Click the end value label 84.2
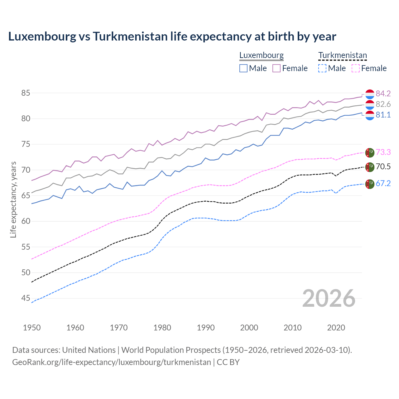(x=383, y=94)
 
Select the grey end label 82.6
(x=383, y=104)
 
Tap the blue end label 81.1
(x=383, y=115)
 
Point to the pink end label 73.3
(x=383, y=152)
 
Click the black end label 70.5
(x=383, y=166)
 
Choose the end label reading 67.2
(x=383, y=183)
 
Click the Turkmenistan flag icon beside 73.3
(x=370, y=152)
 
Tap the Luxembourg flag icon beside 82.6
(x=370, y=105)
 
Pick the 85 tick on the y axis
(x=26, y=93)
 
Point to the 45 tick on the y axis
(x=26, y=298)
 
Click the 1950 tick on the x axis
(x=32, y=328)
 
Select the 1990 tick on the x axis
(x=206, y=328)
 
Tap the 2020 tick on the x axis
(x=336, y=328)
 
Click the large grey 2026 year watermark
(x=329, y=299)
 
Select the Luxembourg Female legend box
(x=276, y=68)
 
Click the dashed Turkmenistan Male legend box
(x=322, y=68)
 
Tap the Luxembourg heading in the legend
(x=261, y=55)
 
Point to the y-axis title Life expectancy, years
(x=13, y=199)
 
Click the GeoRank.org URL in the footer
(x=111, y=362)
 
